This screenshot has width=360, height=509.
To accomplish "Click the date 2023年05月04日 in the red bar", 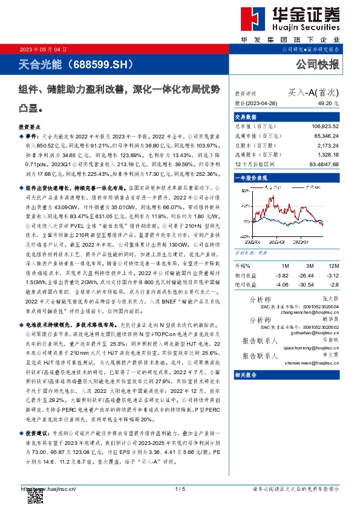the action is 41,49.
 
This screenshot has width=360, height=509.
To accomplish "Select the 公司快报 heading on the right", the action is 317,63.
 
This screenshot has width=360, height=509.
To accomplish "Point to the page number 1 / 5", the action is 180,489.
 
